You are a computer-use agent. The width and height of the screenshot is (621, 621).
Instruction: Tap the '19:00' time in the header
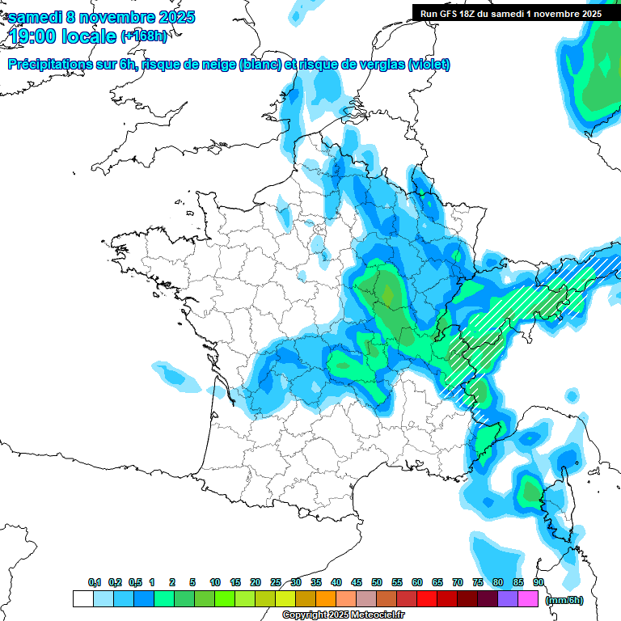coord(32,36)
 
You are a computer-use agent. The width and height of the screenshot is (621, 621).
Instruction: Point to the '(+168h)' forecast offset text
coord(143,36)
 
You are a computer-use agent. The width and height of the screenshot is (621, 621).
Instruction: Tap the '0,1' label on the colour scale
coord(95,583)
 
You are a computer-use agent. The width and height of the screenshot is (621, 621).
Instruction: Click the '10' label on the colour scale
coord(215,583)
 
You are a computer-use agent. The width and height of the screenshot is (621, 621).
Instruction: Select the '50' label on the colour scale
coord(377,583)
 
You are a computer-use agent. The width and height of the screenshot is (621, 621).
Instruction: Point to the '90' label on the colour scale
coord(538,583)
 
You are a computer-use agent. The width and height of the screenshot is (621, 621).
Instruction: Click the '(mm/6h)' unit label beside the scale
coord(565,600)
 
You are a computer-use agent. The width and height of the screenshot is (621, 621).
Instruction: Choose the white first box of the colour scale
coord(82,599)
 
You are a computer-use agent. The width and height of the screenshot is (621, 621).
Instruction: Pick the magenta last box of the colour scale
coord(528,599)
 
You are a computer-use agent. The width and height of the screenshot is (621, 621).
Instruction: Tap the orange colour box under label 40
coord(326,599)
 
